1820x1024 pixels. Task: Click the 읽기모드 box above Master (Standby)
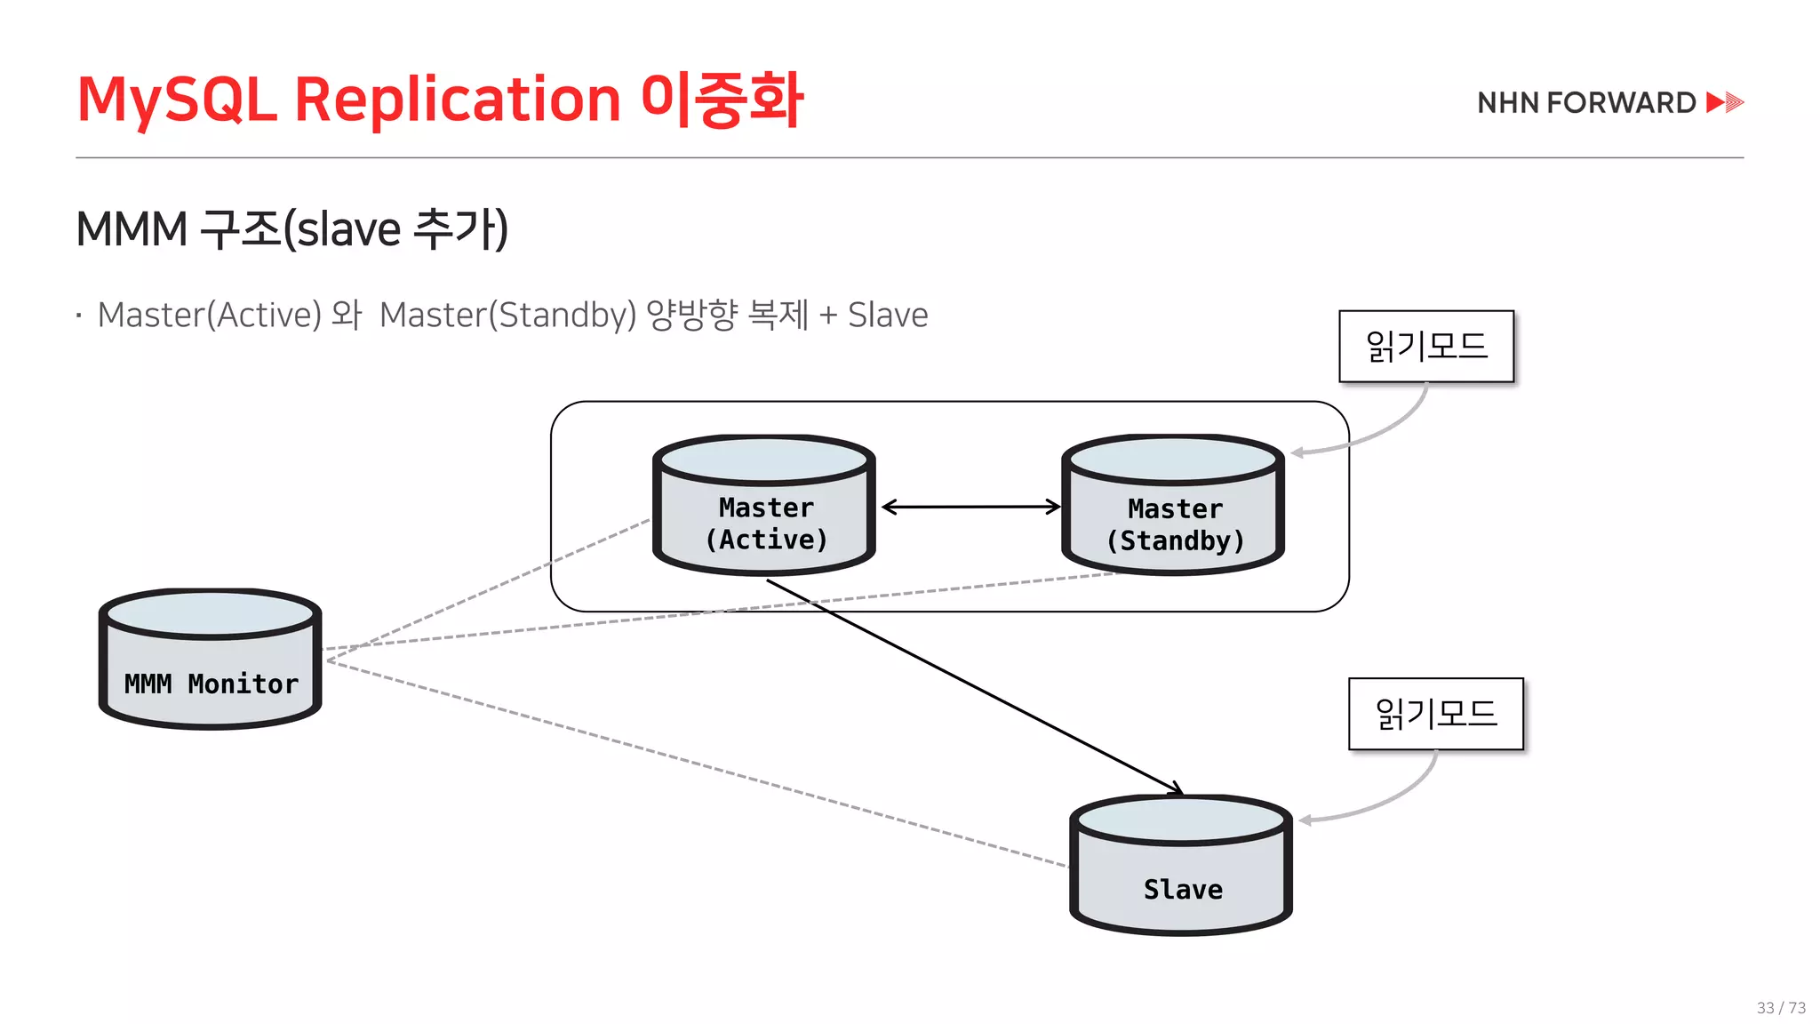[1426, 346]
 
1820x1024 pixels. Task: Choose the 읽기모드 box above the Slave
[1436, 714]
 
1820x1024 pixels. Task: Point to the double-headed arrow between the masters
[970, 507]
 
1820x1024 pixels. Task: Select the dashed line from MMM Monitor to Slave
[693, 763]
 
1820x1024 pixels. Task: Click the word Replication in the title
[457, 100]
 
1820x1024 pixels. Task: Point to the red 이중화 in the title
[722, 100]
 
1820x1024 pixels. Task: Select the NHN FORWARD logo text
[1586, 103]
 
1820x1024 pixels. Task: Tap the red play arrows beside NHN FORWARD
[1725, 102]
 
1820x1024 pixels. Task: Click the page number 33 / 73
[1781, 1007]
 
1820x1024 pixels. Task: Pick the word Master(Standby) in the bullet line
[507, 315]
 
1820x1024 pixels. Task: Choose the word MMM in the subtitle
[132, 229]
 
